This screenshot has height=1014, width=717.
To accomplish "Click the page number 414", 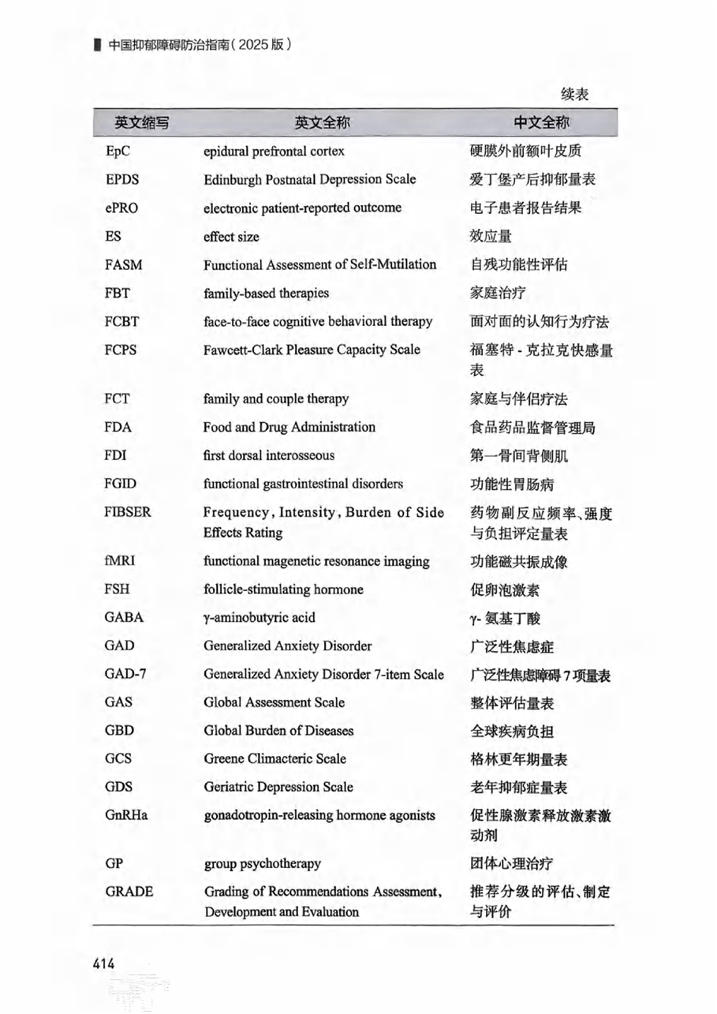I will (103, 963).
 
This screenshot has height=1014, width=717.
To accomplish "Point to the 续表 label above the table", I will (575, 95).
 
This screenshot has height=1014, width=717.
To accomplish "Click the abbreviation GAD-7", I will (125, 674).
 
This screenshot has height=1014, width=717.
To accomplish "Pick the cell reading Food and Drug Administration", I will (289, 427).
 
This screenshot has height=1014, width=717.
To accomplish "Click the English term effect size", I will (231, 236).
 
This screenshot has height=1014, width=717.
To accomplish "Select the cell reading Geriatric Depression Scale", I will (278, 787).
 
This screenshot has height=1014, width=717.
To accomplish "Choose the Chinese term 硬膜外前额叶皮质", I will (525, 151).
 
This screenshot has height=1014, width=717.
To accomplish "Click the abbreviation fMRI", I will (120, 561).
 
